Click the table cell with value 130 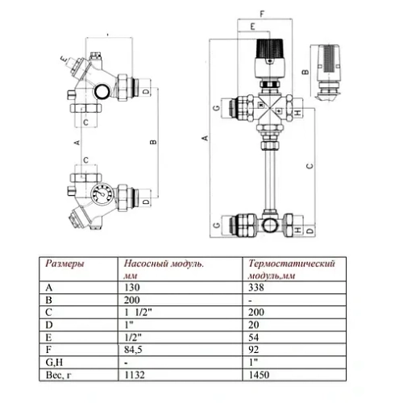click(133, 285)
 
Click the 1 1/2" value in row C click(139, 312)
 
